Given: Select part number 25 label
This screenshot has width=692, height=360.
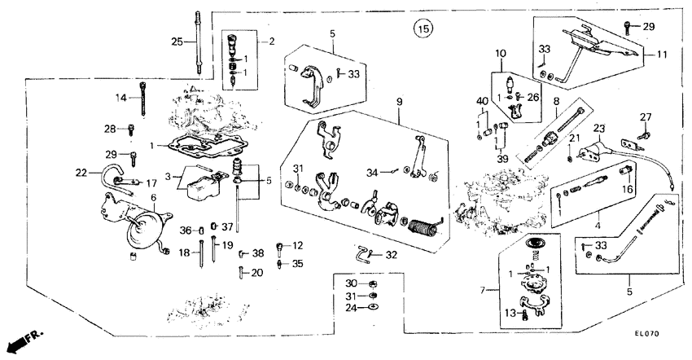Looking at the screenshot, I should pos(177,42).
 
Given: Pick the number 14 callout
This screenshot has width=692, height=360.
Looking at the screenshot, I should pos(121,98).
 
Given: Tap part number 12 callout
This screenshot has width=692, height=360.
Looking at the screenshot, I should pos(297,244).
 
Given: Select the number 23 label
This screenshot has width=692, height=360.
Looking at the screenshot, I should pos(599,128).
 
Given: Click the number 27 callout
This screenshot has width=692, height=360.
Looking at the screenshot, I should pos(646,116).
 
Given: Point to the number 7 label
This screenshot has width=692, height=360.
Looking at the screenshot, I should pos(482,289).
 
